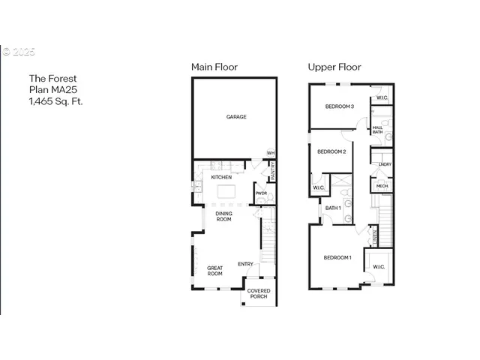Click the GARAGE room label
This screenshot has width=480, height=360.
pos(236,117)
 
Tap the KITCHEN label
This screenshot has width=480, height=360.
pos(220,177)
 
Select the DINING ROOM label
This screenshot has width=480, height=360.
pos(223,217)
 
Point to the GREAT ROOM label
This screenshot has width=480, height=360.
pos(215,270)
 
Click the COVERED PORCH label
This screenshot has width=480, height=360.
pos(259,293)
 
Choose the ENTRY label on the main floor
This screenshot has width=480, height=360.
pos(245,264)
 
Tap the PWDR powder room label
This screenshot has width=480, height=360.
pos(261,193)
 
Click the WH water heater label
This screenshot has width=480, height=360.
pos(271,153)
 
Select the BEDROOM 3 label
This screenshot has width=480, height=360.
pos(339,107)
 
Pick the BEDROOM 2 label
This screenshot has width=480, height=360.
pos(331,151)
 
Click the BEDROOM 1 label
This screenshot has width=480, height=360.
pos(337,258)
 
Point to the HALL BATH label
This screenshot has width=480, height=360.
pos(377,130)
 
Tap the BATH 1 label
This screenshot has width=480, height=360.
pos(333,208)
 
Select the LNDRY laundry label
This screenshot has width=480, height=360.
pos(384,164)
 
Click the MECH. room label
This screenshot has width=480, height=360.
pos(382,185)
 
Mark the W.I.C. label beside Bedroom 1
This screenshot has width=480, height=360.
pos(376,266)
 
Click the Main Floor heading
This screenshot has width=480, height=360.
pos(214,67)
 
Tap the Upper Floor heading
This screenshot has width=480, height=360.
pos(334,67)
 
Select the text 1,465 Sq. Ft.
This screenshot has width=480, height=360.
pos(55,100)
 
